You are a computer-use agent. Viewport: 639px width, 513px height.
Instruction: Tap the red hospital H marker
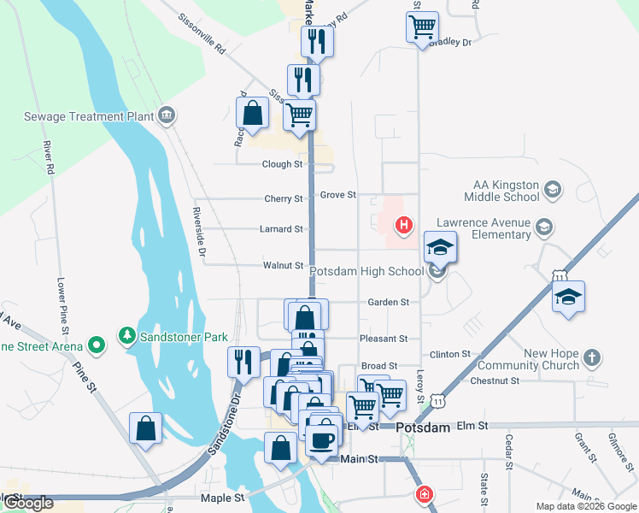coord(403,227)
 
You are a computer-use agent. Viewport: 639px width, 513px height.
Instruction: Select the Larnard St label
coord(283,229)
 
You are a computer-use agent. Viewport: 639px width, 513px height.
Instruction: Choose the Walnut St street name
coord(284,266)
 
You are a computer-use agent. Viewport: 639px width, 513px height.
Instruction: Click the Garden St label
coord(389,302)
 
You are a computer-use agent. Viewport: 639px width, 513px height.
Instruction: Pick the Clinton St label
coord(450,353)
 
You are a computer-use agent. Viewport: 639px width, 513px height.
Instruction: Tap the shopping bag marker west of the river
coord(145,428)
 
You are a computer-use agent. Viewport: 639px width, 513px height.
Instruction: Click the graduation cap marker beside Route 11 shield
coord(568,298)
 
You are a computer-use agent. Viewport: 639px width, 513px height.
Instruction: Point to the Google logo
coord(27,503)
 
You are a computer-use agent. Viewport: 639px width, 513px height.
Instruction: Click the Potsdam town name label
coord(426,426)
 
